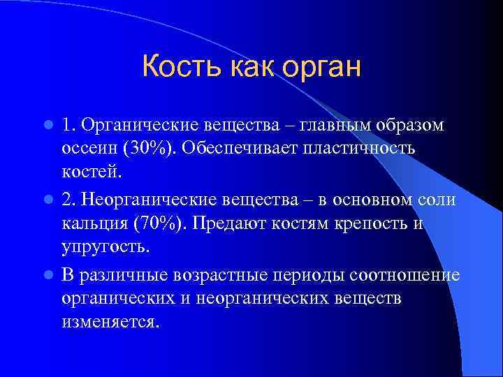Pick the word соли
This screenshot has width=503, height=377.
[x=437, y=200]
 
